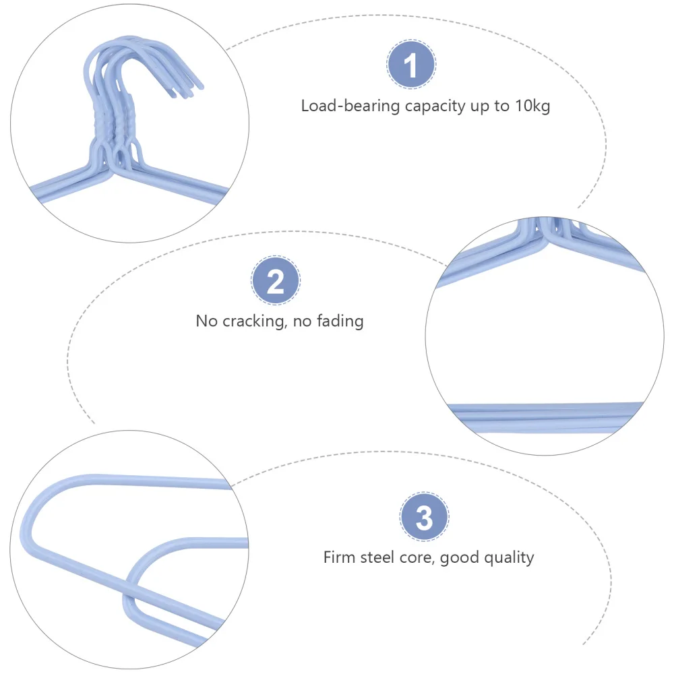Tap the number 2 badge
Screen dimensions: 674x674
coord(276,281)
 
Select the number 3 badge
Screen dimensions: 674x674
coord(424,518)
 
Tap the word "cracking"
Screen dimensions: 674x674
coord(253,321)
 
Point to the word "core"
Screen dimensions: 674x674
coord(423,558)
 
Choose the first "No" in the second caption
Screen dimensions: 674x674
coord(207,321)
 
